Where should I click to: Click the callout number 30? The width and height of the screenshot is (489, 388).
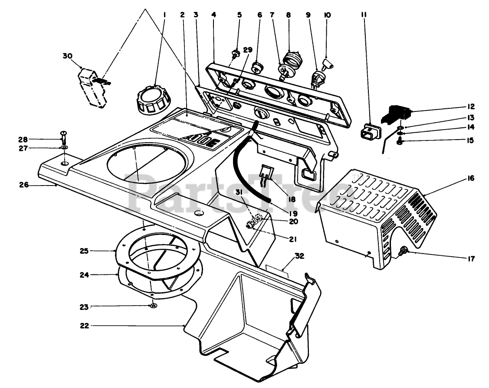click(67, 56)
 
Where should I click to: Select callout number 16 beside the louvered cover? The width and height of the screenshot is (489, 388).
click(471, 178)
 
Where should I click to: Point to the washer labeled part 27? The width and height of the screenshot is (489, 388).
click(64, 148)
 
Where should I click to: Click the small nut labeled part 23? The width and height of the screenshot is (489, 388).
click(153, 306)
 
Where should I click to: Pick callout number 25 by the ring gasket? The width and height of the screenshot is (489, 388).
click(84, 251)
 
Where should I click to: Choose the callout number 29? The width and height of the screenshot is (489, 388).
click(247, 50)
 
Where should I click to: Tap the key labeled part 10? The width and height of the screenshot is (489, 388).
click(328, 64)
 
